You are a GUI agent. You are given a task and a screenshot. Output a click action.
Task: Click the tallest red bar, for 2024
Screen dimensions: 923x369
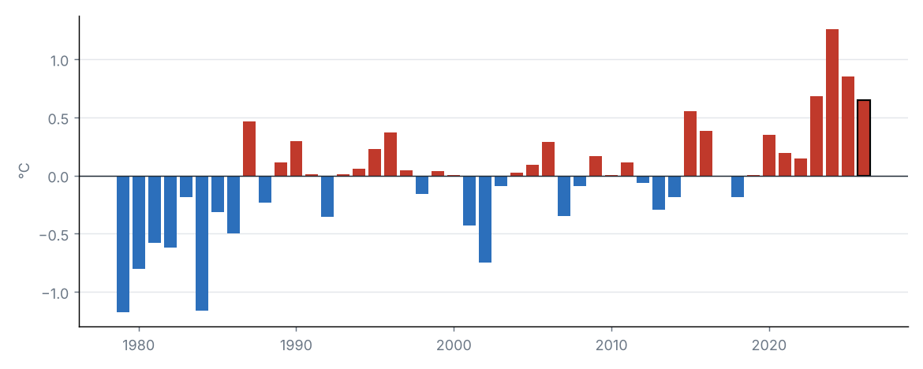831,102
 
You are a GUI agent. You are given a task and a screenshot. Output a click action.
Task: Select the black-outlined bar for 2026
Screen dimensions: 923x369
864,138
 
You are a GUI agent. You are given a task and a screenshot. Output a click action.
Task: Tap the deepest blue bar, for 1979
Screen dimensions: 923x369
123,244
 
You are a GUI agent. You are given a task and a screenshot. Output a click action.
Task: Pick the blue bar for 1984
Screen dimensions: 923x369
202,243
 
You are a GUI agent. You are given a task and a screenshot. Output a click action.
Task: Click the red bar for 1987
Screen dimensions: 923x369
249,148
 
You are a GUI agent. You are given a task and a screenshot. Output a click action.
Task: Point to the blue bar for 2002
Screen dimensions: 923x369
485,219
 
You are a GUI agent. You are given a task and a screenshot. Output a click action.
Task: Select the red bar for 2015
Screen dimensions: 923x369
690,143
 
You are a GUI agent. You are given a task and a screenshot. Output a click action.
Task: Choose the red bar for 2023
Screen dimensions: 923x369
816,136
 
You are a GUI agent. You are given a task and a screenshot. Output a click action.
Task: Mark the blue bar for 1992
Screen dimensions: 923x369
327,196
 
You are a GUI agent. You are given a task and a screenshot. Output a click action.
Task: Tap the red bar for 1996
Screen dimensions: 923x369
390,155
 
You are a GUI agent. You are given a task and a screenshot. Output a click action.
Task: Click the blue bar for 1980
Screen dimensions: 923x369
139,222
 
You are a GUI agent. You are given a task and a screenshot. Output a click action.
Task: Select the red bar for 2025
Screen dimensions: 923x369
847,126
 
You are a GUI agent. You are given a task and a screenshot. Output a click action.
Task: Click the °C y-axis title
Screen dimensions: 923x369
24,170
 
